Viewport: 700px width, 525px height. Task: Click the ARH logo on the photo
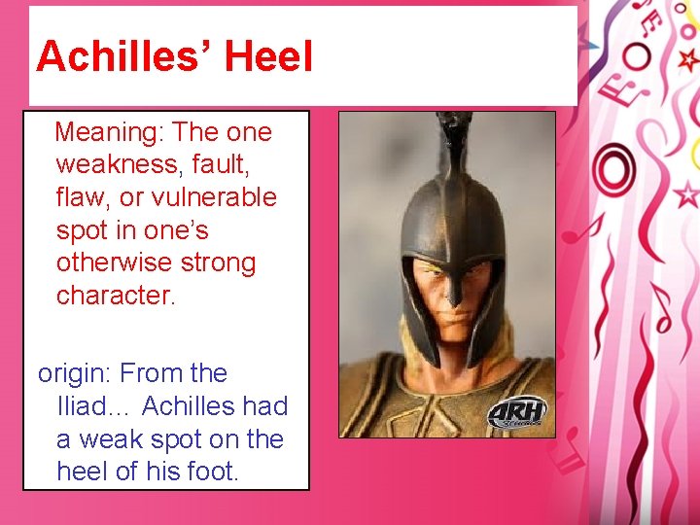516,411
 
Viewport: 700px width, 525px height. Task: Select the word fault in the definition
232,165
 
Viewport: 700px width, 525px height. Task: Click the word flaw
82,197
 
